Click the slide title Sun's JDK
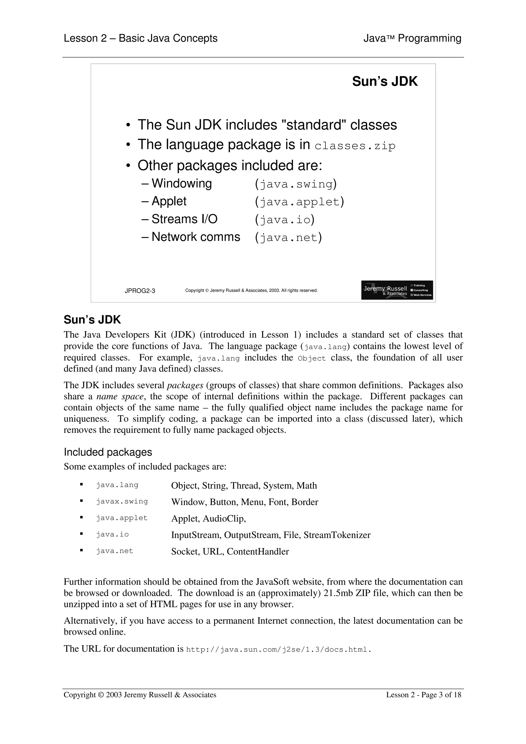pyautogui.click(x=385, y=81)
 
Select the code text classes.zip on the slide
pyautogui.click(x=355, y=146)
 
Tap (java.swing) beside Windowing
pyautogui.click(x=296, y=184)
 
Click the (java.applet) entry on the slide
pyautogui.click(x=299, y=202)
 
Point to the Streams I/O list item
pyautogui.click(x=184, y=219)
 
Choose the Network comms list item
pyautogui.click(x=195, y=237)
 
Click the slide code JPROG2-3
pyautogui.click(x=140, y=291)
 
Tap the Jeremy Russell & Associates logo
pyautogui.click(x=397, y=290)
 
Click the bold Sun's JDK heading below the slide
pyautogui.click(x=92, y=320)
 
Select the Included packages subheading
pyautogui.click(x=108, y=452)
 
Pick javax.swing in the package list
pyautogui.click(x=122, y=501)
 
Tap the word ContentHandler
pyautogui.click(x=258, y=551)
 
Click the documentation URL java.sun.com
pyautogui.click(x=278, y=649)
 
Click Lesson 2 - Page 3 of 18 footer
pyautogui.click(x=423, y=694)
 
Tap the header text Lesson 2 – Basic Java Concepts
pyautogui.click(x=140, y=38)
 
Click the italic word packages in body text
pyautogui.click(x=185, y=385)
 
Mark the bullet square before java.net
pyautogui.click(x=81, y=550)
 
